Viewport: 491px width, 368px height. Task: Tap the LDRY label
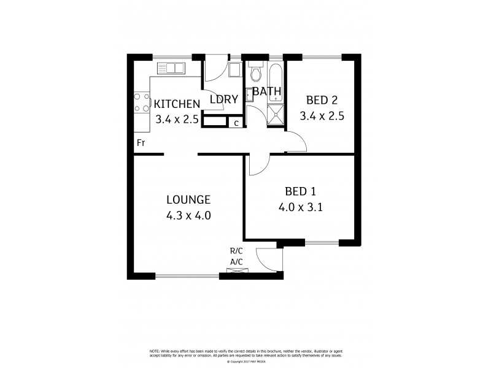pos(223,99)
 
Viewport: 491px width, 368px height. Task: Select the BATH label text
pos(267,92)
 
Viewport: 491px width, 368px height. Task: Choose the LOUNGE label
pos(188,199)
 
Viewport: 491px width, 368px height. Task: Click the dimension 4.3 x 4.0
pos(188,215)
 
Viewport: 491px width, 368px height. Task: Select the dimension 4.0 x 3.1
pos(301,207)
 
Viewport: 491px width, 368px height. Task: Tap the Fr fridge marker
pos(141,143)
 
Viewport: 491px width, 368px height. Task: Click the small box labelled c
pos(236,123)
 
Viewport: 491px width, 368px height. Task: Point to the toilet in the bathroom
pos(257,74)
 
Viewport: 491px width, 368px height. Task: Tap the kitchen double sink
pos(173,68)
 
